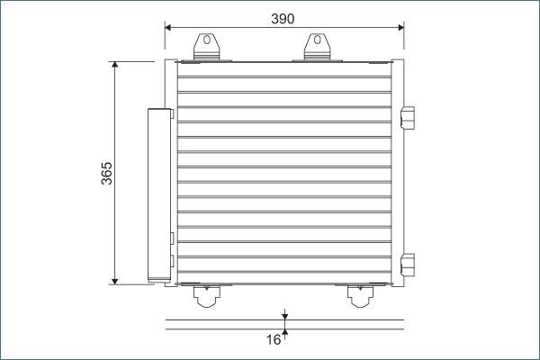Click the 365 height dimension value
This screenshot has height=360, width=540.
(x=106, y=173)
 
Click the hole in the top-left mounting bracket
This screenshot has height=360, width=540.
(x=205, y=40)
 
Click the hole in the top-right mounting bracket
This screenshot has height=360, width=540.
(x=316, y=40)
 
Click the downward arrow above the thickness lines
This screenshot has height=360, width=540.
(x=284, y=315)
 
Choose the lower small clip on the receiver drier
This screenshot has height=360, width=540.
(x=172, y=261)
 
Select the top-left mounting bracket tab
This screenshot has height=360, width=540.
(x=205, y=48)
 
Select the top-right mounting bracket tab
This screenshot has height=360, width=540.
(x=316, y=48)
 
